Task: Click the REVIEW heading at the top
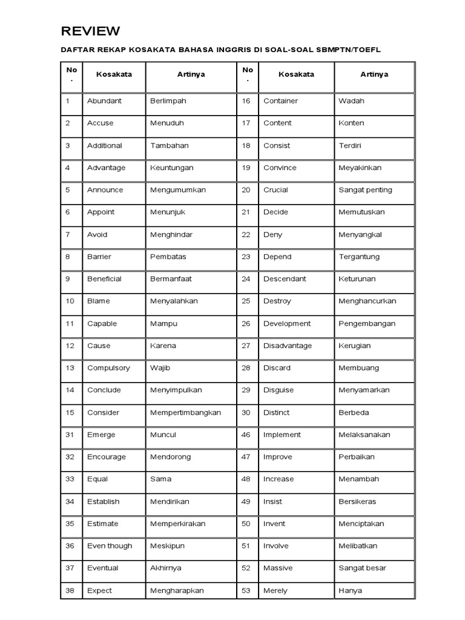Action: (90, 31)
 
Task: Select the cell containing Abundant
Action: (104, 101)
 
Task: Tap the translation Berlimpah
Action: (168, 101)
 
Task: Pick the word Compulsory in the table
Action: (108, 368)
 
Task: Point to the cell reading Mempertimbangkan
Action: (185, 413)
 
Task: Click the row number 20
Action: (246, 190)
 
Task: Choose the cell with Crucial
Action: (275, 190)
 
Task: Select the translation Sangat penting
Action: (365, 190)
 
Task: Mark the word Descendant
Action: (285, 279)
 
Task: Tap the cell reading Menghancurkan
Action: (368, 302)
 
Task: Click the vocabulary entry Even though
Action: (110, 546)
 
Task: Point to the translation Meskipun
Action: (167, 546)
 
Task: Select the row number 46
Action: (246, 435)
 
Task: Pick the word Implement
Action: (282, 435)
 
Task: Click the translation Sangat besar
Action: (362, 569)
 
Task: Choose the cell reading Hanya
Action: (350, 591)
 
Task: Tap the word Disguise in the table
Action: (279, 391)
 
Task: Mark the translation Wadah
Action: (351, 101)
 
